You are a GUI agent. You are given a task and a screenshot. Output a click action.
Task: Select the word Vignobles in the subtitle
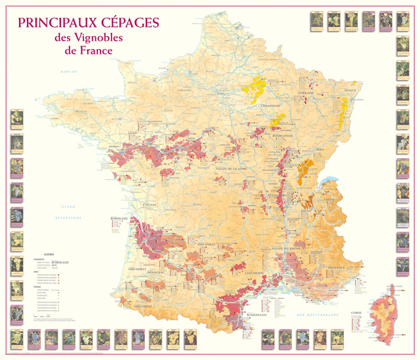point(99,38)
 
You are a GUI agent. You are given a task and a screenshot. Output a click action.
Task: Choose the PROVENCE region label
point(337,268)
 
